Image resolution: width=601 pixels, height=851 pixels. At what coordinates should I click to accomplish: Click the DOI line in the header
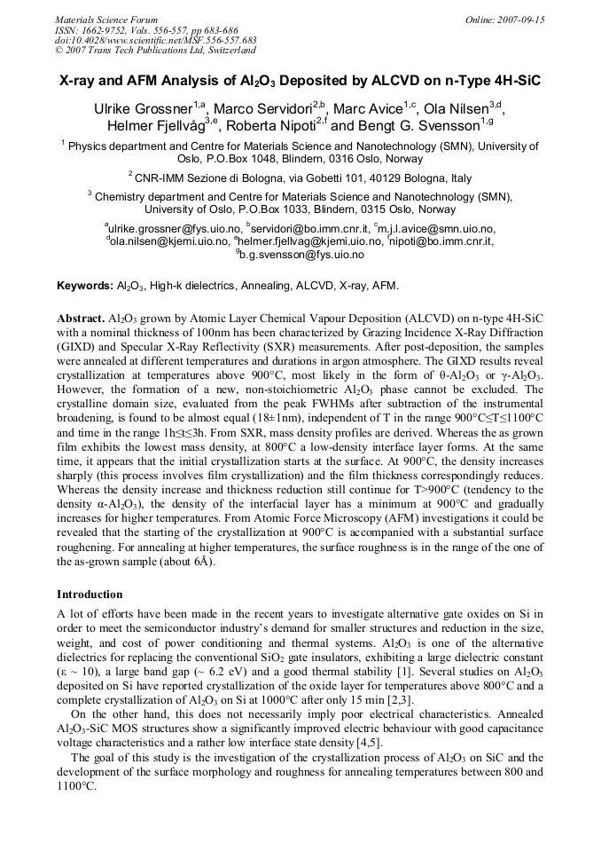tap(156, 40)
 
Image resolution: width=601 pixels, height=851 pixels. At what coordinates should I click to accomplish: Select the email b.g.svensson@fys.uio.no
tap(302, 254)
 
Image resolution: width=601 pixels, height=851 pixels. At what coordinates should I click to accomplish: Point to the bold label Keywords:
tap(85, 286)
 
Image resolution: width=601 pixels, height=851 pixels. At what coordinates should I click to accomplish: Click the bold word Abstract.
tap(81, 317)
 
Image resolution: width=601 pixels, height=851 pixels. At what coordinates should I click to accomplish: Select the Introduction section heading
tap(91, 594)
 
